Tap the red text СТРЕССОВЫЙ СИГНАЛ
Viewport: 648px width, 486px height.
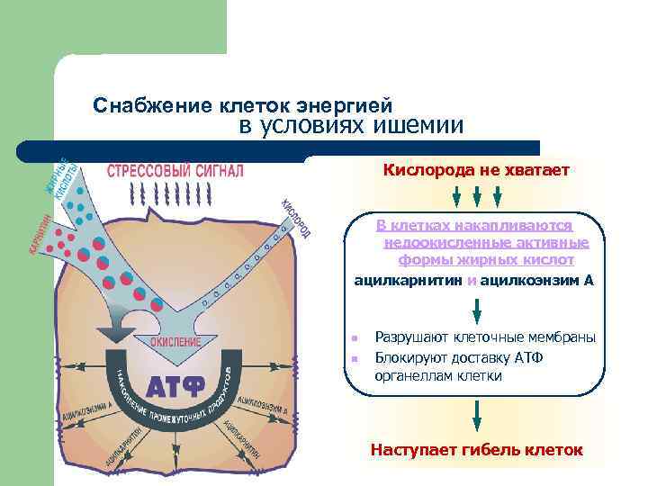click(x=175, y=170)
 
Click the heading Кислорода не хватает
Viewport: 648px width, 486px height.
click(x=476, y=170)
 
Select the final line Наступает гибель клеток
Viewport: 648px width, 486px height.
click(x=476, y=449)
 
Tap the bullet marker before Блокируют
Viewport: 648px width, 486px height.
click(x=355, y=358)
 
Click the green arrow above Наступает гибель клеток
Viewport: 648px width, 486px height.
click(x=476, y=418)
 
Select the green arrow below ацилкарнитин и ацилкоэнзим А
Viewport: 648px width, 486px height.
click(x=476, y=309)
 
